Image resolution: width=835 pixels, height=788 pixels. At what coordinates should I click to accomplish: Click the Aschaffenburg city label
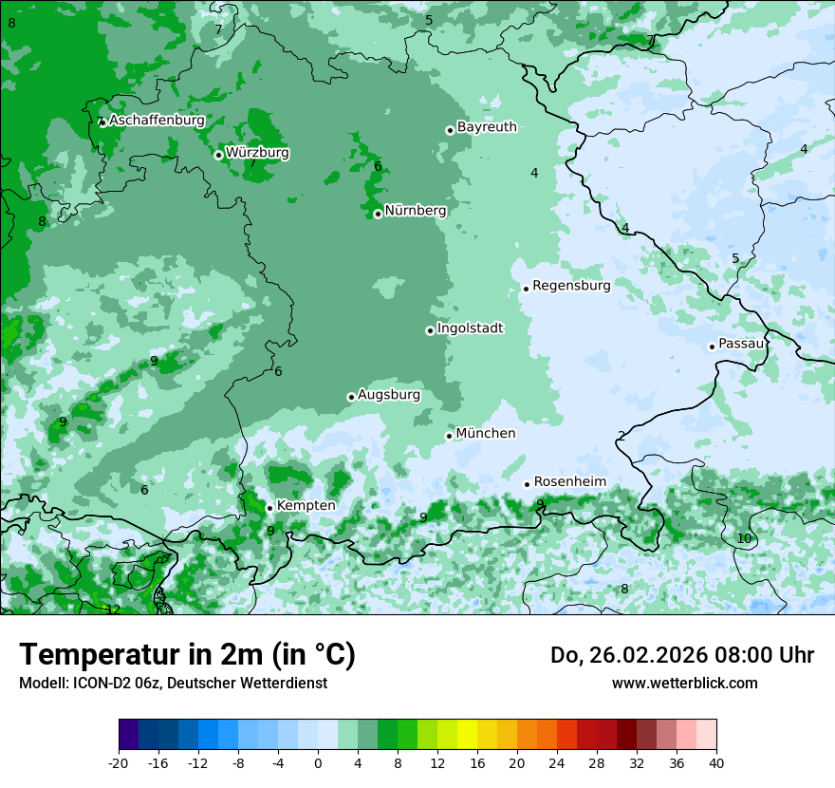point(157,121)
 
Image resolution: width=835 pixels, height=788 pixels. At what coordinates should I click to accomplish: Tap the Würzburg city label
point(257,153)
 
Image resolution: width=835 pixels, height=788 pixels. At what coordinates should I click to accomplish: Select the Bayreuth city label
point(487,127)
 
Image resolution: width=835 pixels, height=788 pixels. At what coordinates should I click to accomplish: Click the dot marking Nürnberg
point(378,214)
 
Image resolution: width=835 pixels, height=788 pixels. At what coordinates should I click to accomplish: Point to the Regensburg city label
point(571,286)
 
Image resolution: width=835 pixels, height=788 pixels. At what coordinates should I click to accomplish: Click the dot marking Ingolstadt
point(430,330)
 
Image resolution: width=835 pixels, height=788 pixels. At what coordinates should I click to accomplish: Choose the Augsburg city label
point(388,395)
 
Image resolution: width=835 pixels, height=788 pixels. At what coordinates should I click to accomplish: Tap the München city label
point(486,434)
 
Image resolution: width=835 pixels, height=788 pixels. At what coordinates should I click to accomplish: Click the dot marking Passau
point(712,347)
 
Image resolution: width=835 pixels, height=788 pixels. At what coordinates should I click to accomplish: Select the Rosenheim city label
point(569,482)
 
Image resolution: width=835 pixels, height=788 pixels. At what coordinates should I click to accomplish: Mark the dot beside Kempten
point(269,508)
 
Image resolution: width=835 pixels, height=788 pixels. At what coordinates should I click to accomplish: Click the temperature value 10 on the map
point(744,538)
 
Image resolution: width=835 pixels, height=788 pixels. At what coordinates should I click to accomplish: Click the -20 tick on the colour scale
point(119,762)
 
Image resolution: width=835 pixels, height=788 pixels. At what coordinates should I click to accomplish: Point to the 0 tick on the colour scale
point(318,762)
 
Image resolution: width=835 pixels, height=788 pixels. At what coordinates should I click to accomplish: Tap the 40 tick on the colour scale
point(716,762)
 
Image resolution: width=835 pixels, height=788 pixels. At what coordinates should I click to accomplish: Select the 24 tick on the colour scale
point(557,762)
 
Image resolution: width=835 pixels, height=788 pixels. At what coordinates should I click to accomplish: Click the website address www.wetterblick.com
point(684,684)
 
